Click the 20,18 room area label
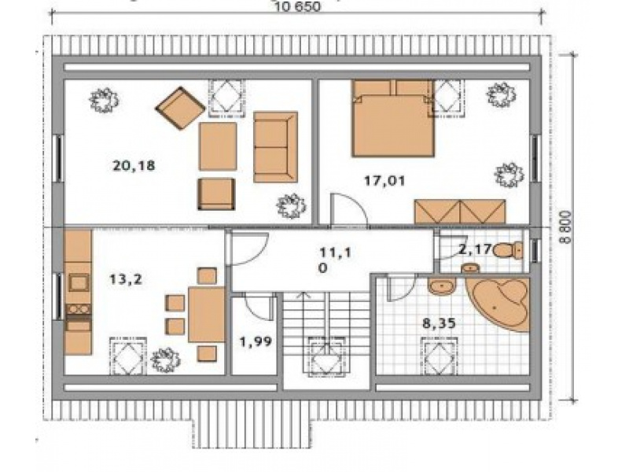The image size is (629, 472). (134, 166)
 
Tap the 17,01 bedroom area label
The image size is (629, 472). (384, 181)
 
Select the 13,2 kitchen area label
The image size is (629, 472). (126, 279)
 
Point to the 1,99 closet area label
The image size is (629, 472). (256, 342)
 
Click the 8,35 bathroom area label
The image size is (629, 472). (440, 323)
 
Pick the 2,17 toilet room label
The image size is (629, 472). (475, 249)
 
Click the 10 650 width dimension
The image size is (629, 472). (298, 7)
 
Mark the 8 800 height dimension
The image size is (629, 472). (566, 227)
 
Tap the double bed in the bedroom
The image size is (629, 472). (392, 119)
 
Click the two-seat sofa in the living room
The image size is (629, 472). (276, 147)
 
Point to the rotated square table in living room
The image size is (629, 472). (181, 108)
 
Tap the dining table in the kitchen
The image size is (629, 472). (207, 315)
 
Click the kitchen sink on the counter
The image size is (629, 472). (79, 282)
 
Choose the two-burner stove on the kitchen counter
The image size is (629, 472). (79, 309)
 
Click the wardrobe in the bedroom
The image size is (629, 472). (460, 212)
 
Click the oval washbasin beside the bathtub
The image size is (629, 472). (442, 286)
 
